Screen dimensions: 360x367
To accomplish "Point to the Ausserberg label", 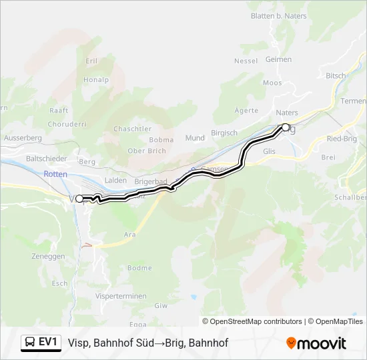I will click(x=23, y=137).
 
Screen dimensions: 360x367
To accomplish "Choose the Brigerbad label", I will click(x=150, y=181).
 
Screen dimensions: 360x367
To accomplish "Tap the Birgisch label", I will click(x=224, y=133).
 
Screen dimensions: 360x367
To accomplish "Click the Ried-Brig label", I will click(x=342, y=138).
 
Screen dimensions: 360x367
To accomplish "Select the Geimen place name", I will click(x=278, y=59).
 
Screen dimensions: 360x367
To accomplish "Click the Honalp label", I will click(x=96, y=79).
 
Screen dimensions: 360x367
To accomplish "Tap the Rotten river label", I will click(x=55, y=173).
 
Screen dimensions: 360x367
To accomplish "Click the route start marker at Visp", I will click(x=79, y=198).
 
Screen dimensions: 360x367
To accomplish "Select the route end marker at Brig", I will click(x=286, y=127).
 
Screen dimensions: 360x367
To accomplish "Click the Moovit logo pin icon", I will click(x=291, y=343).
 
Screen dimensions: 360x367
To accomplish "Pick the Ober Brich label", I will click(x=146, y=151).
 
